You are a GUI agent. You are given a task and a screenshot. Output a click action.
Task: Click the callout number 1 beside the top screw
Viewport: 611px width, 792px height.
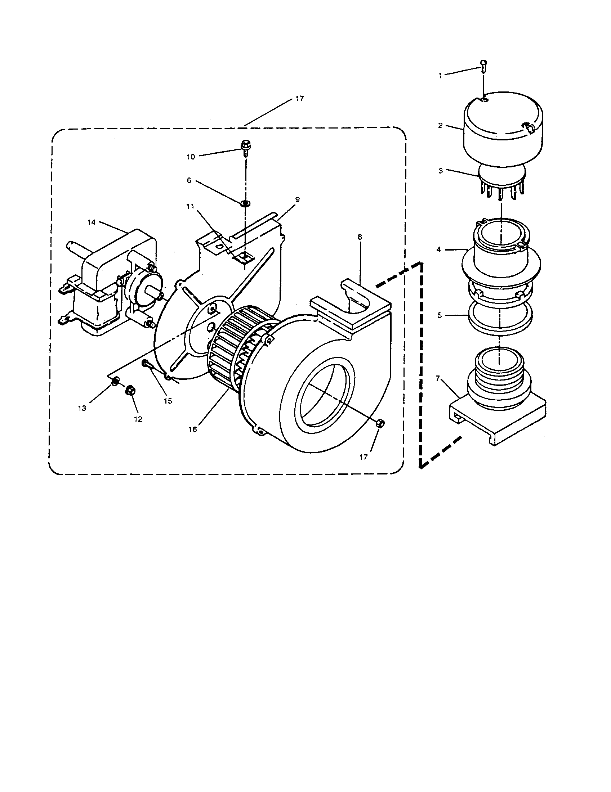441,76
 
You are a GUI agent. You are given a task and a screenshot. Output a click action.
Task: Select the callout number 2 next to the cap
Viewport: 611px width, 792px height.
440,126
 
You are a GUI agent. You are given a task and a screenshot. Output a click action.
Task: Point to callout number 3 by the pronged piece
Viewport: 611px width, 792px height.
441,171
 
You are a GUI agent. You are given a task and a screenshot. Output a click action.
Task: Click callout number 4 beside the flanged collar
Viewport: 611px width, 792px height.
439,249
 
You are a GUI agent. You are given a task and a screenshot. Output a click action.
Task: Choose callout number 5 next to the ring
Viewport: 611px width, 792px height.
440,315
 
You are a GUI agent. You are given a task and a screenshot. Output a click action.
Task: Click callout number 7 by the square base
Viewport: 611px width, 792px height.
438,379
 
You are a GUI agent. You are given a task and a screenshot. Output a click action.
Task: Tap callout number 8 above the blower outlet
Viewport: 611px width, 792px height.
360,237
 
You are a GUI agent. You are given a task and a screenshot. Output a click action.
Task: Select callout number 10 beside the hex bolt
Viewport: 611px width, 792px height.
191,157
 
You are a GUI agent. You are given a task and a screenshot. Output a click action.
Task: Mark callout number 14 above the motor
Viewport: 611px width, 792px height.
91,222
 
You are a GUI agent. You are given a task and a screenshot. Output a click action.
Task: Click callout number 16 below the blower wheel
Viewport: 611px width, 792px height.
193,429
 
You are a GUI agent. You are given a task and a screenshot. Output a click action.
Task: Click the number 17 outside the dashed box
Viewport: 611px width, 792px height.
300,99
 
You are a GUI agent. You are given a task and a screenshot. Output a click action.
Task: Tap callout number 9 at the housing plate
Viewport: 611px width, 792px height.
298,200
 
